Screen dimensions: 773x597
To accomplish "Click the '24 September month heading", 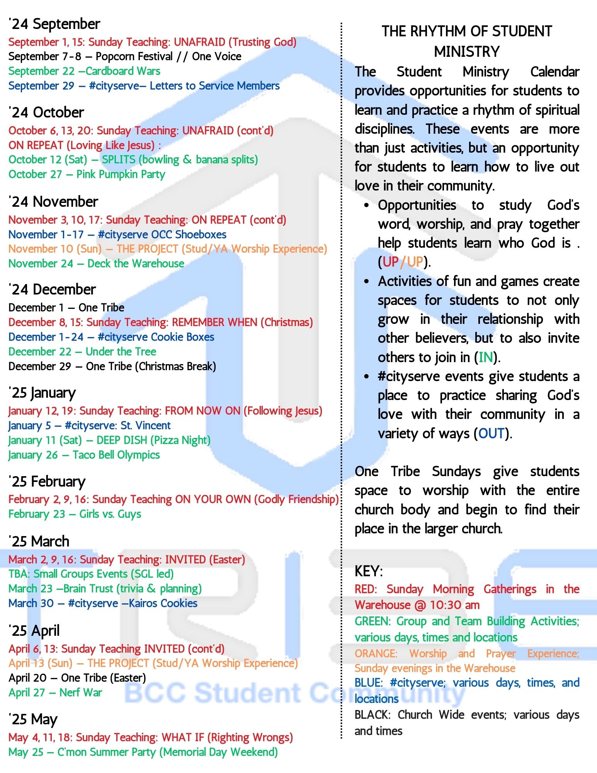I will (54, 24).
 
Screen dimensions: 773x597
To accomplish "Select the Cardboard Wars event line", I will (84, 71).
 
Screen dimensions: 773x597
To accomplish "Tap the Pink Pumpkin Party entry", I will (87, 174).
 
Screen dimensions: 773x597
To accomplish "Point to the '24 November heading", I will (53, 202).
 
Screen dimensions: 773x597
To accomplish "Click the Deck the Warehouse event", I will (96, 264).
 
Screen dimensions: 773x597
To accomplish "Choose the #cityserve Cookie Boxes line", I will (111, 337).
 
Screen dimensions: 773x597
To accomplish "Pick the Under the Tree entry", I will (82, 352).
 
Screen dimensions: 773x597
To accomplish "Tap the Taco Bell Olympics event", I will (84, 455).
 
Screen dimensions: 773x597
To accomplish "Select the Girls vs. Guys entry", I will (75, 514).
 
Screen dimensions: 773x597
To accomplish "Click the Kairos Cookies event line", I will (103, 603).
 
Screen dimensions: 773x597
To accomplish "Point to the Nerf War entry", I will (55, 693).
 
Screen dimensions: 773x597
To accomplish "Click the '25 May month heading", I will (33, 719).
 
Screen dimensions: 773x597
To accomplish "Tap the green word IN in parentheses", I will (486, 357).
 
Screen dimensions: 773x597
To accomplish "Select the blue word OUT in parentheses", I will (492, 433).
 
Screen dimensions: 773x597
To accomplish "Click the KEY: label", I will (368, 571).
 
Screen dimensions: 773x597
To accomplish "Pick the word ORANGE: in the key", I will (376, 654).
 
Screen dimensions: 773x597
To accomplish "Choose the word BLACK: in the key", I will (372, 715).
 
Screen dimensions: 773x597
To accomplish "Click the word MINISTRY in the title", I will (467, 51).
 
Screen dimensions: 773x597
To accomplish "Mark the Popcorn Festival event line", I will (125, 56).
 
